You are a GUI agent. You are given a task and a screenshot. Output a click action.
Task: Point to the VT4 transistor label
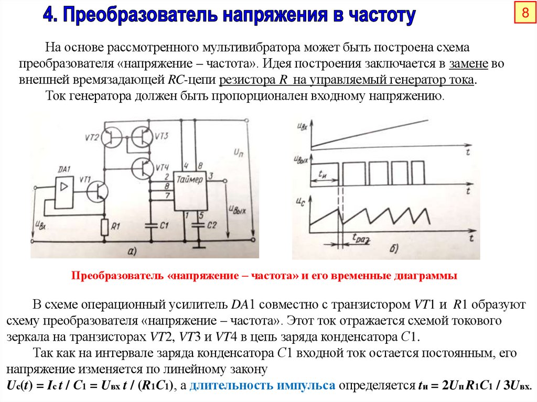(162, 167)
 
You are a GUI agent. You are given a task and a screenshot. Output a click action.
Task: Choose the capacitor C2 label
(211, 225)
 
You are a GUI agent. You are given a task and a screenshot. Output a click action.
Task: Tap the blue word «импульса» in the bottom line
(306, 386)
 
